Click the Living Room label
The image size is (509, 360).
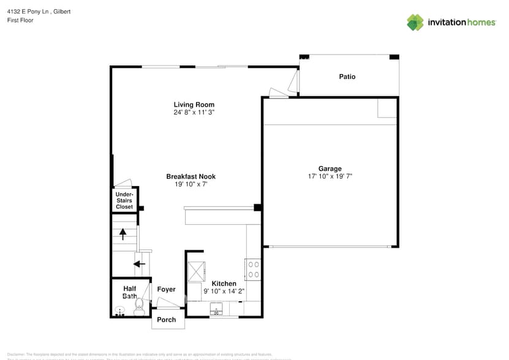(x=194, y=105)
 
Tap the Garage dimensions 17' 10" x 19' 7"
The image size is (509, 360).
(x=330, y=176)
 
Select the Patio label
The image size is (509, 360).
(x=347, y=77)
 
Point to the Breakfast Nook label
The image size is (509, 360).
(x=190, y=176)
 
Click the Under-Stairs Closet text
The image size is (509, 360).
(x=124, y=201)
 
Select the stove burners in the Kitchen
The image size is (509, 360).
(x=253, y=269)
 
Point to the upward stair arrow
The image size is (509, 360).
(x=123, y=233)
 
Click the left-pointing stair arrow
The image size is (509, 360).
(x=140, y=264)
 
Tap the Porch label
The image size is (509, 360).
(x=167, y=320)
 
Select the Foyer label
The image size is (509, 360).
(x=166, y=290)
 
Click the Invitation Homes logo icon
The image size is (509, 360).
(x=415, y=22)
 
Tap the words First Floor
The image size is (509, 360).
(x=21, y=20)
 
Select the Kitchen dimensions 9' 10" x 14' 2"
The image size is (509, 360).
(x=224, y=291)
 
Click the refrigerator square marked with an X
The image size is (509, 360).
(x=197, y=271)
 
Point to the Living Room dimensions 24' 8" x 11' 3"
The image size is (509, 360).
(x=194, y=113)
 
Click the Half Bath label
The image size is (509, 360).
(x=129, y=293)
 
